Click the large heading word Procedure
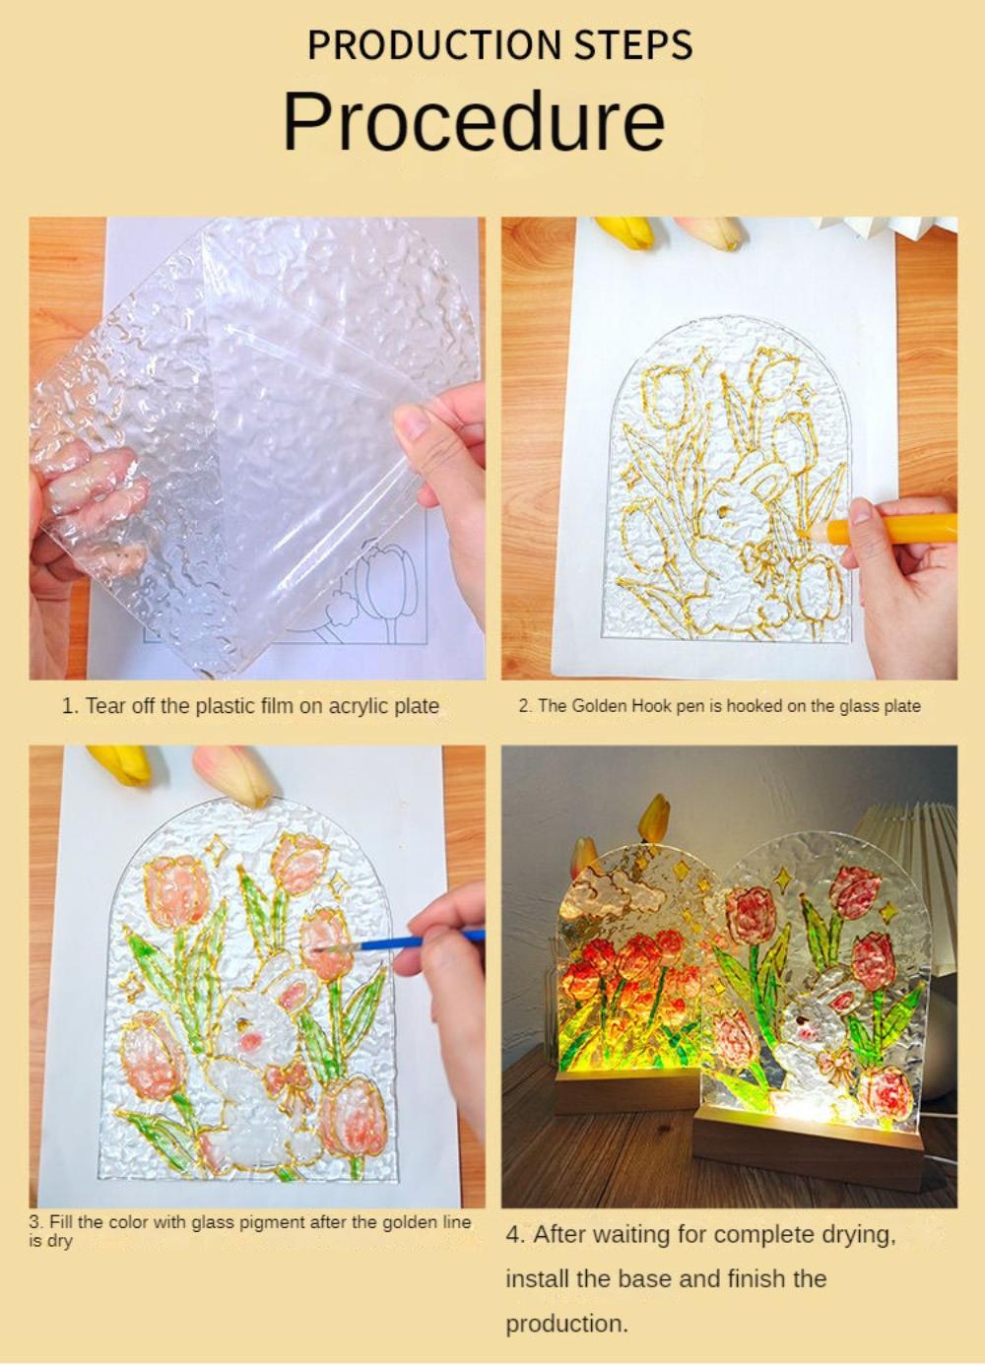474,121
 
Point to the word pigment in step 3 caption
272,1222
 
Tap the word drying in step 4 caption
858,1235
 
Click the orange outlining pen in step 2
896,529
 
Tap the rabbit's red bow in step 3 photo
295,1083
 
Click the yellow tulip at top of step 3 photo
118,762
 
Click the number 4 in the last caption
512,1235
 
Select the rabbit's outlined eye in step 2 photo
725,513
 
